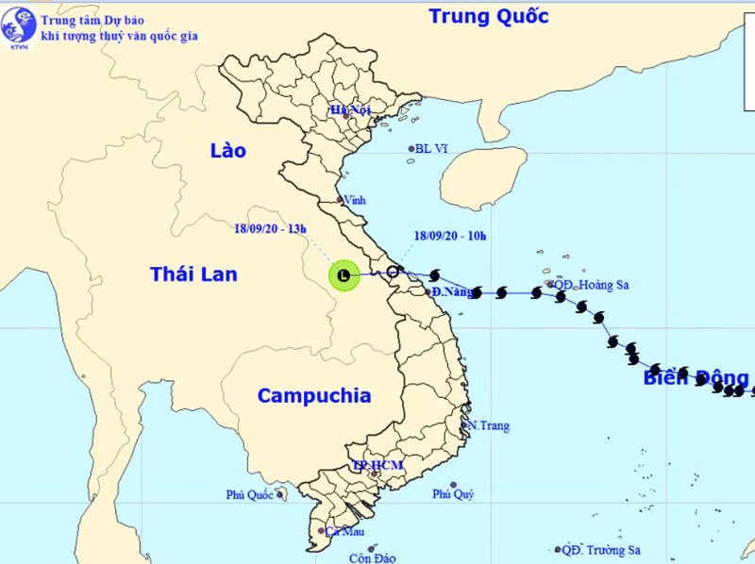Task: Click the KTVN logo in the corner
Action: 18,28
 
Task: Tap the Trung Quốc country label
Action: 488,16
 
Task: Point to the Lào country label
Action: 227,151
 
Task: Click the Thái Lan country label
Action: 193,274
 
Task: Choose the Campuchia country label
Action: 314,396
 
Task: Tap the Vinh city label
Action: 356,200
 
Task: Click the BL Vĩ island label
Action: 430,148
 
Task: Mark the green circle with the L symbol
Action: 343,274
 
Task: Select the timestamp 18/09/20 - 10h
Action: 450,236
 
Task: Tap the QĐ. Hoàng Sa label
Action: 589,284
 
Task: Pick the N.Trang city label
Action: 489,425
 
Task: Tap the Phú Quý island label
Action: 453,494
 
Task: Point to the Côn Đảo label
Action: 371,558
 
